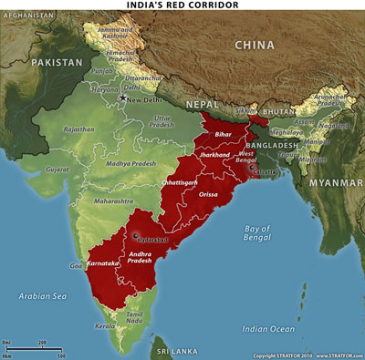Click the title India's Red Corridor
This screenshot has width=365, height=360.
click(182, 5)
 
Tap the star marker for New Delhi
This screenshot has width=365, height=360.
click(122, 96)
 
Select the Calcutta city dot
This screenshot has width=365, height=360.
click(252, 168)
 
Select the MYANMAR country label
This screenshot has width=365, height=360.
click(333, 182)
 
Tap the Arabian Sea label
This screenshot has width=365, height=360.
click(44, 295)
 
